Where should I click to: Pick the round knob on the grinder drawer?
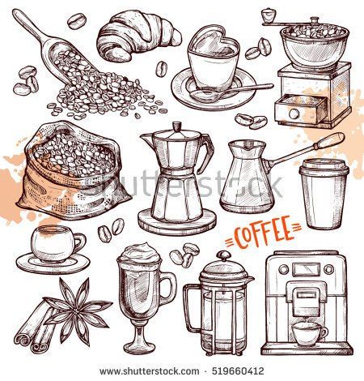click(294, 113)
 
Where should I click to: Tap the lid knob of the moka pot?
click(177, 126)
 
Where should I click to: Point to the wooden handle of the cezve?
click(328, 141)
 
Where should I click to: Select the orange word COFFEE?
click(263, 233)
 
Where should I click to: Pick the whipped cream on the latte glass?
click(140, 254)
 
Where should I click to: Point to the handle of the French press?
click(192, 308)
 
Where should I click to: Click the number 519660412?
click(238, 371)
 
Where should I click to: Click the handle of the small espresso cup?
click(80, 242)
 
